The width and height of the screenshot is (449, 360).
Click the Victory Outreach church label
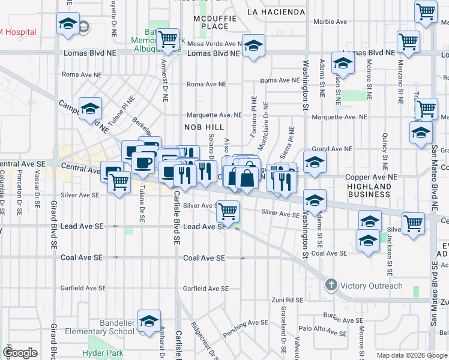pyautogui.click(x=372, y=286)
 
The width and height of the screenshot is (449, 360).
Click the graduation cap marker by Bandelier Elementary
pyautogui.click(x=149, y=320)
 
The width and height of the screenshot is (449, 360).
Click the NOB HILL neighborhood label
pyautogui.click(x=203, y=127)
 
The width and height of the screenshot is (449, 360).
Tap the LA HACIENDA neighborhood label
pyautogui.click(x=276, y=11)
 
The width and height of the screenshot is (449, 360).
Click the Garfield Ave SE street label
pyautogui.click(x=206, y=289)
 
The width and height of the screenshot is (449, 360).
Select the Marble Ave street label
pyautogui.click(x=330, y=22)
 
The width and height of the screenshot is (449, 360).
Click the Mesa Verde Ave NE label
pyautogui.click(x=213, y=44)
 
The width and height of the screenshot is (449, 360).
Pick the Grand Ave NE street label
pyautogui.click(x=331, y=149)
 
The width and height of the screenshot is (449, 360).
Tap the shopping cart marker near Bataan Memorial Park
pyautogui.click(x=168, y=40)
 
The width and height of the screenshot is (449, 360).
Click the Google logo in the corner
pyautogui.click(x=20, y=353)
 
